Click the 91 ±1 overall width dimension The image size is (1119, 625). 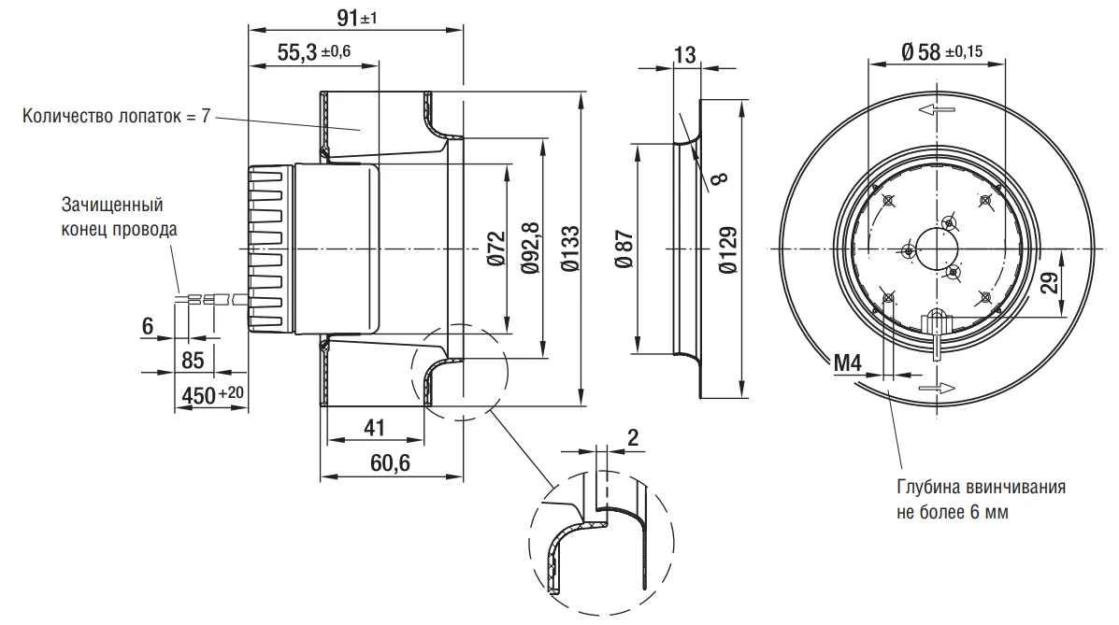[356, 17]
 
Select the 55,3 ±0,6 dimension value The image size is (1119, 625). [313, 51]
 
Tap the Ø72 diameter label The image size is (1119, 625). [496, 249]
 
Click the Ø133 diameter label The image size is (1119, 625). [570, 249]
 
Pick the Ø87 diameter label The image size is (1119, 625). [624, 249]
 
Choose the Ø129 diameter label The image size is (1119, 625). [728, 249]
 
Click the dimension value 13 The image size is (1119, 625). [684, 54]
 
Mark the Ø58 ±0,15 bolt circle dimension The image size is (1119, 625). [941, 51]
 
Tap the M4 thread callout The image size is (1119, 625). [848, 363]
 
